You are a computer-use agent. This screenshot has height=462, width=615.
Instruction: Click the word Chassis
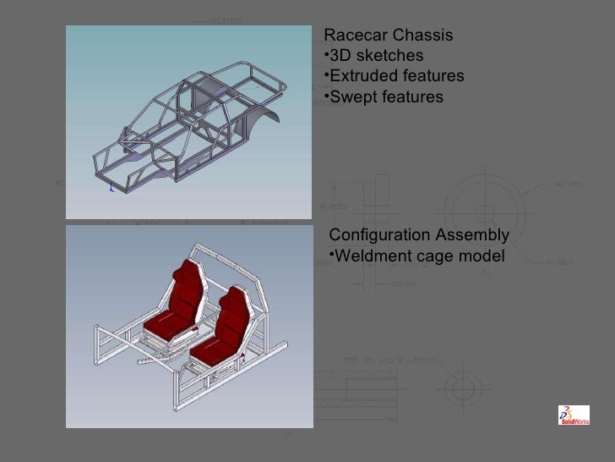(425, 36)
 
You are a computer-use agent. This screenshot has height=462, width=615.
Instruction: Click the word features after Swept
(411, 97)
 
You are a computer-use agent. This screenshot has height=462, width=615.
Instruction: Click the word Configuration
(378, 235)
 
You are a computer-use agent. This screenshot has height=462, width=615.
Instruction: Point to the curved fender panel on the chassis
(269, 118)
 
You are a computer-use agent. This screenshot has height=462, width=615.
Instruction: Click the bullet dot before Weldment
(331, 256)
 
